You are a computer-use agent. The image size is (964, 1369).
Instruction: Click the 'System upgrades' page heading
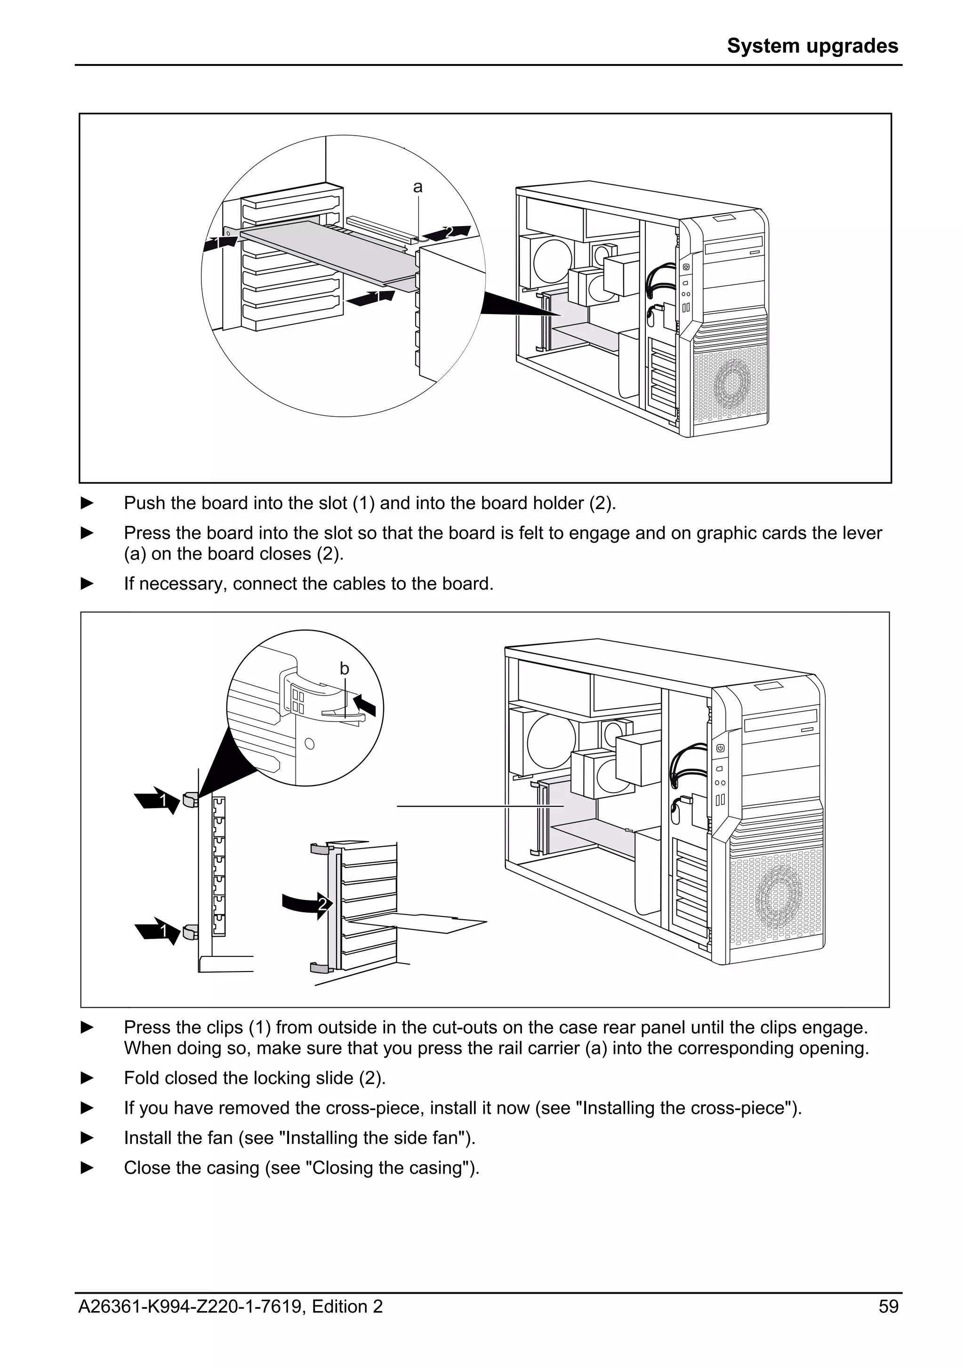[x=812, y=46]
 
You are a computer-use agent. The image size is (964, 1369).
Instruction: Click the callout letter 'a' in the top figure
[x=418, y=187]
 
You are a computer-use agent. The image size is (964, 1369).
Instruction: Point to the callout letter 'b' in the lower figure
[x=345, y=669]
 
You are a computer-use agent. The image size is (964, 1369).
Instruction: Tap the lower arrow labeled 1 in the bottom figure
[x=157, y=931]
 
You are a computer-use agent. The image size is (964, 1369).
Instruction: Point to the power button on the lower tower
[x=720, y=748]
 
